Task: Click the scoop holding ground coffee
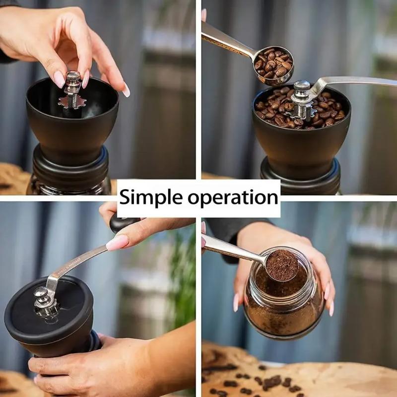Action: pyautogui.click(x=282, y=265)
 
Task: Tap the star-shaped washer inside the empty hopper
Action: pyautogui.click(x=72, y=102)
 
